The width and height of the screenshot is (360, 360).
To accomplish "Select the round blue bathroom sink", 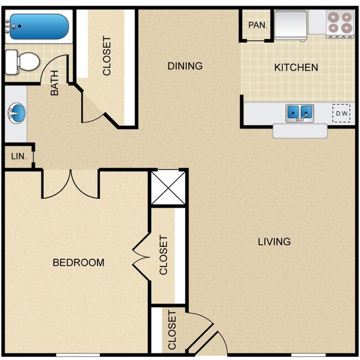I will pyautogui.click(x=17, y=115).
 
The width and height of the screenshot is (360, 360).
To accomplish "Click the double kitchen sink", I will pyautogui.click(x=299, y=113).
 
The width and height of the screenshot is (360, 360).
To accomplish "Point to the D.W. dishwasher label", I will pyautogui.click(x=342, y=114).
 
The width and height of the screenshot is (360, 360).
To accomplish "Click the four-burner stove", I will pyautogui.click(x=340, y=23).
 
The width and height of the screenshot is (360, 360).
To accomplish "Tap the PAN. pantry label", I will pyautogui.click(x=258, y=25).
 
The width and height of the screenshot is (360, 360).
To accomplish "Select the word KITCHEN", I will pyautogui.click(x=296, y=68).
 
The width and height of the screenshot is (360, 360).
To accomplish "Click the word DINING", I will pyautogui.click(x=185, y=66).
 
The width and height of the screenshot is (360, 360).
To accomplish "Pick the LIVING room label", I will pyautogui.click(x=274, y=241).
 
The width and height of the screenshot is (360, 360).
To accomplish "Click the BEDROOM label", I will pyautogui.click(x=78, y=262).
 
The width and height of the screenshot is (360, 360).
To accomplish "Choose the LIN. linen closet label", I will pyautogui.click(x=18, y=156).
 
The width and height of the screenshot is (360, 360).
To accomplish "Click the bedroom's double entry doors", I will pyautogui.click(x=70, y=184).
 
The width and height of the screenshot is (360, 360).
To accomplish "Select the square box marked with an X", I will pyautogui.click(x=168, y=188).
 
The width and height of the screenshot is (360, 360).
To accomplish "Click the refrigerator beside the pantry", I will pyautogui.click(x=291, y=24).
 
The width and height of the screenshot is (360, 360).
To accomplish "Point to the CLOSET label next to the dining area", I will pyautogui.click(x=107, y=56).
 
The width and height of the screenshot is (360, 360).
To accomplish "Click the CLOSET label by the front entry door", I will pyautogui.click(x=172, y=330).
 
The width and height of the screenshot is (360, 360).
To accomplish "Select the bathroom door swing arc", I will pyautogui.click(x=57, y=66).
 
